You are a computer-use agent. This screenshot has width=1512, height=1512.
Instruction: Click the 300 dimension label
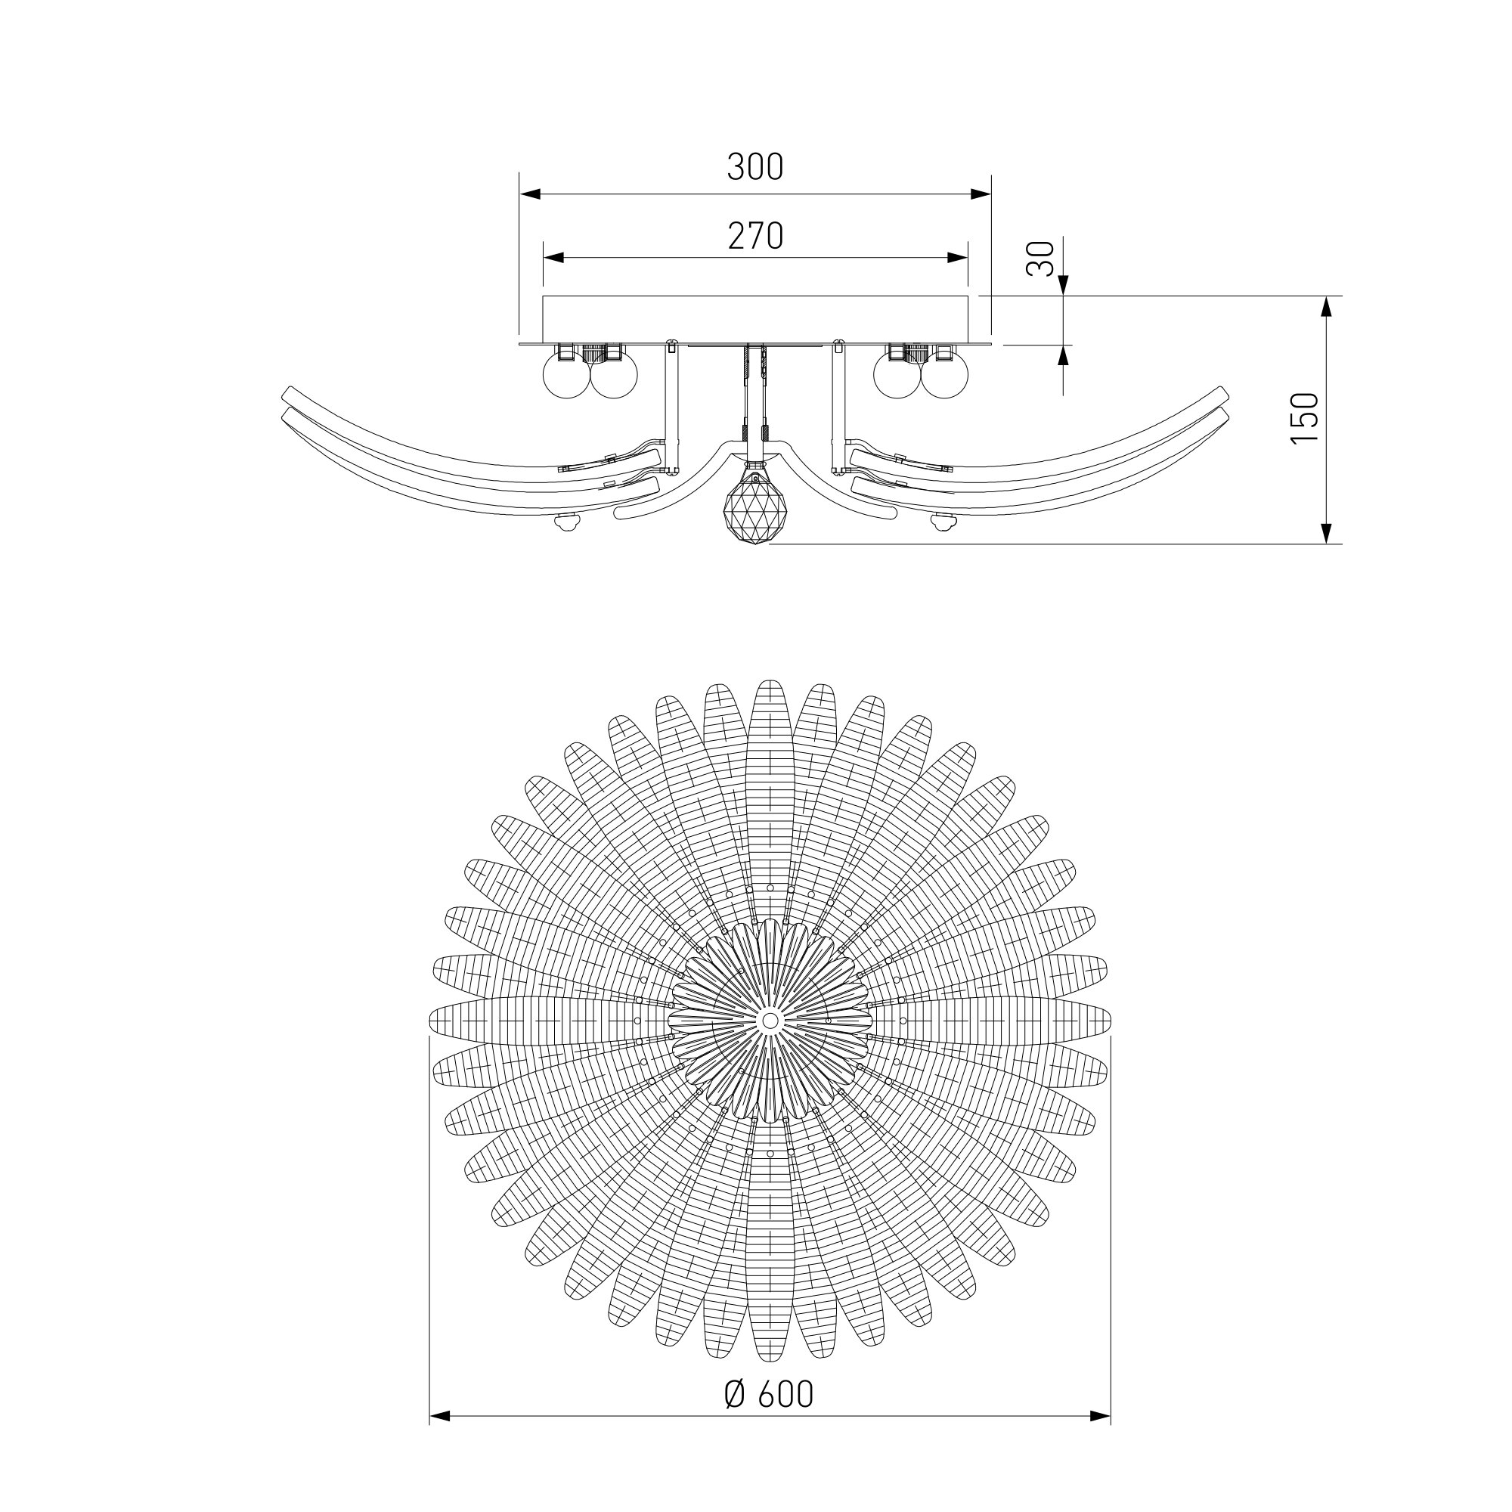[x=755, y=166]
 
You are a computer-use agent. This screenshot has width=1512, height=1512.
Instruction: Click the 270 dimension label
[x=755, y=236]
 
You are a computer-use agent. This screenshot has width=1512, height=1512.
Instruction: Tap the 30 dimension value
[x=1041, y=259]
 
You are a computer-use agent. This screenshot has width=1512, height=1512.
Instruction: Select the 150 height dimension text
[x=1305, y=417]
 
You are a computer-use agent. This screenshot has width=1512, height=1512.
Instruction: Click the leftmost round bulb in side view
[x=566, y=374]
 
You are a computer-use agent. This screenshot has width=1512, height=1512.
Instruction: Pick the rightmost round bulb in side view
[x=946, y=374]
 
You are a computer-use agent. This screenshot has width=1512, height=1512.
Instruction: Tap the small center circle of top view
[x=770, y=1021]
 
